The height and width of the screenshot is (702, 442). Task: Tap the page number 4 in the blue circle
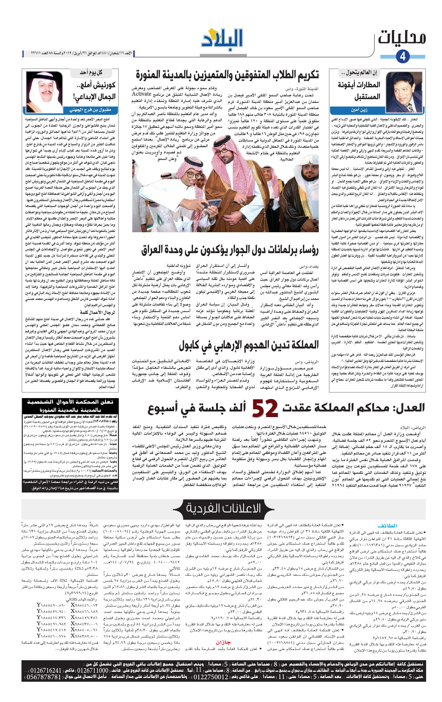(x=403, y=56)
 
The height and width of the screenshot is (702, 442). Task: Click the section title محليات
(x=402, y=37)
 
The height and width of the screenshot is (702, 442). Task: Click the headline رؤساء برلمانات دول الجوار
(x=230, y=250)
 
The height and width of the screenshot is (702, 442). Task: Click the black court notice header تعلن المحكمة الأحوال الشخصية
(x=70, y=406)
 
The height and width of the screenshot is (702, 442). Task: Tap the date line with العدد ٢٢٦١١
(x=78, y=54)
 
